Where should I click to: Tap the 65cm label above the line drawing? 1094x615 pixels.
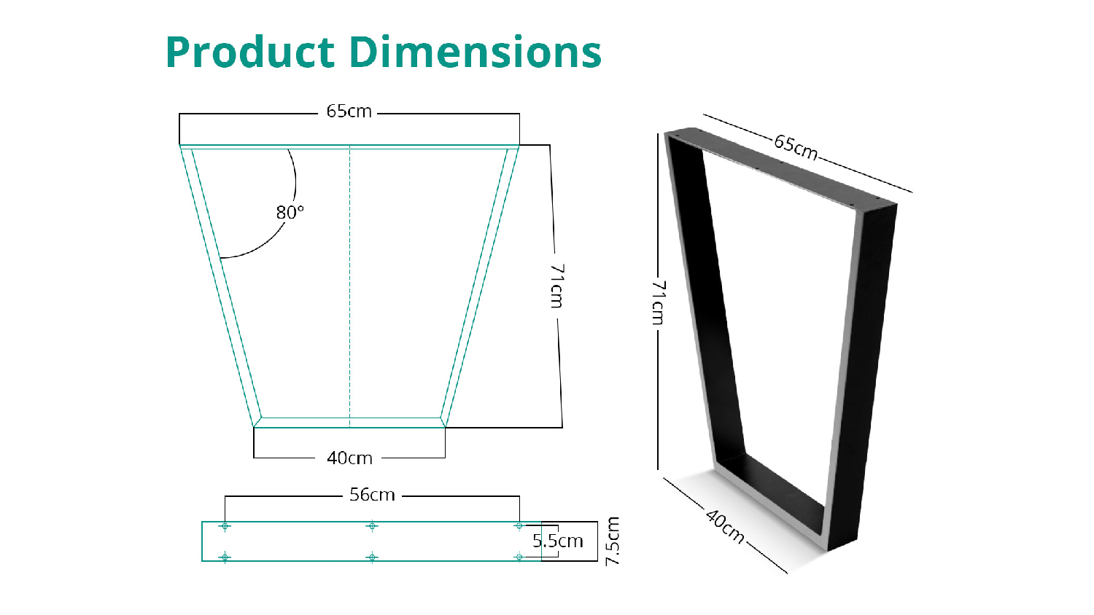click(349, 111)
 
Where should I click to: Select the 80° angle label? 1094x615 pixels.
click(290, 212)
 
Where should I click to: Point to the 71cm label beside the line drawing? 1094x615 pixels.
click(557, 286)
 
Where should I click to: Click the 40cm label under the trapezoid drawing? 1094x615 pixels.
click(349, 458)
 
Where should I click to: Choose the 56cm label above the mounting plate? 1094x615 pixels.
click(372, 495)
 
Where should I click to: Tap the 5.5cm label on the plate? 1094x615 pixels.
click(558, 541)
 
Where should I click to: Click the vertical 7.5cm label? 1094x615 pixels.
click(613, 541)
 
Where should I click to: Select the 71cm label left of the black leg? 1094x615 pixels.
click(658, 302)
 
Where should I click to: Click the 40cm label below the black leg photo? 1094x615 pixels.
click(725, 526)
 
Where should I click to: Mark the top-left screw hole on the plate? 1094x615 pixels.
click(225, 526)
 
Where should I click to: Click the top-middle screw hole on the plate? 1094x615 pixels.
click(372, 526)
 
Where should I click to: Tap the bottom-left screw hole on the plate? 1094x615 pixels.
click(225, 557)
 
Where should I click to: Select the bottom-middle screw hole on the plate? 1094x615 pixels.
click(372, 557)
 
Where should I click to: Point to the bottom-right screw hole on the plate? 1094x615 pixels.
click(519, 557)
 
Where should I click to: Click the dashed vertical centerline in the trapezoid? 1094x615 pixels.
click(350, 291)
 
